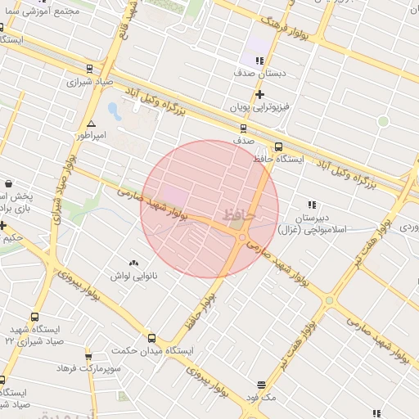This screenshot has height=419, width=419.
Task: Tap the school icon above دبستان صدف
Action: (260, 61)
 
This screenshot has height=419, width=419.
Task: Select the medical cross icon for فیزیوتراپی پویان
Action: (260, 94)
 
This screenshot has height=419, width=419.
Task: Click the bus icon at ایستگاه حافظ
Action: (278, 147)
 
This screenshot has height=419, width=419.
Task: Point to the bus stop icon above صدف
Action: (243, 128)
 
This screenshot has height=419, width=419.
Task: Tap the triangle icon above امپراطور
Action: (91, 123)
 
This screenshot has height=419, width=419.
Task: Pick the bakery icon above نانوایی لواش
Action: (133, 263)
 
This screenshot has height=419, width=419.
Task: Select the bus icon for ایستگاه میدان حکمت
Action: (151, 338)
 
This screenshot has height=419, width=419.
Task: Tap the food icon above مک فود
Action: (261, 384)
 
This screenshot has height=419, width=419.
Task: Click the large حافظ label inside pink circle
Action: (240, 214)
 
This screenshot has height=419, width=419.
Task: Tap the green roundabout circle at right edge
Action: (382, 121)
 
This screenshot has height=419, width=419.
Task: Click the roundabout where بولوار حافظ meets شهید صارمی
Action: (242, 237)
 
